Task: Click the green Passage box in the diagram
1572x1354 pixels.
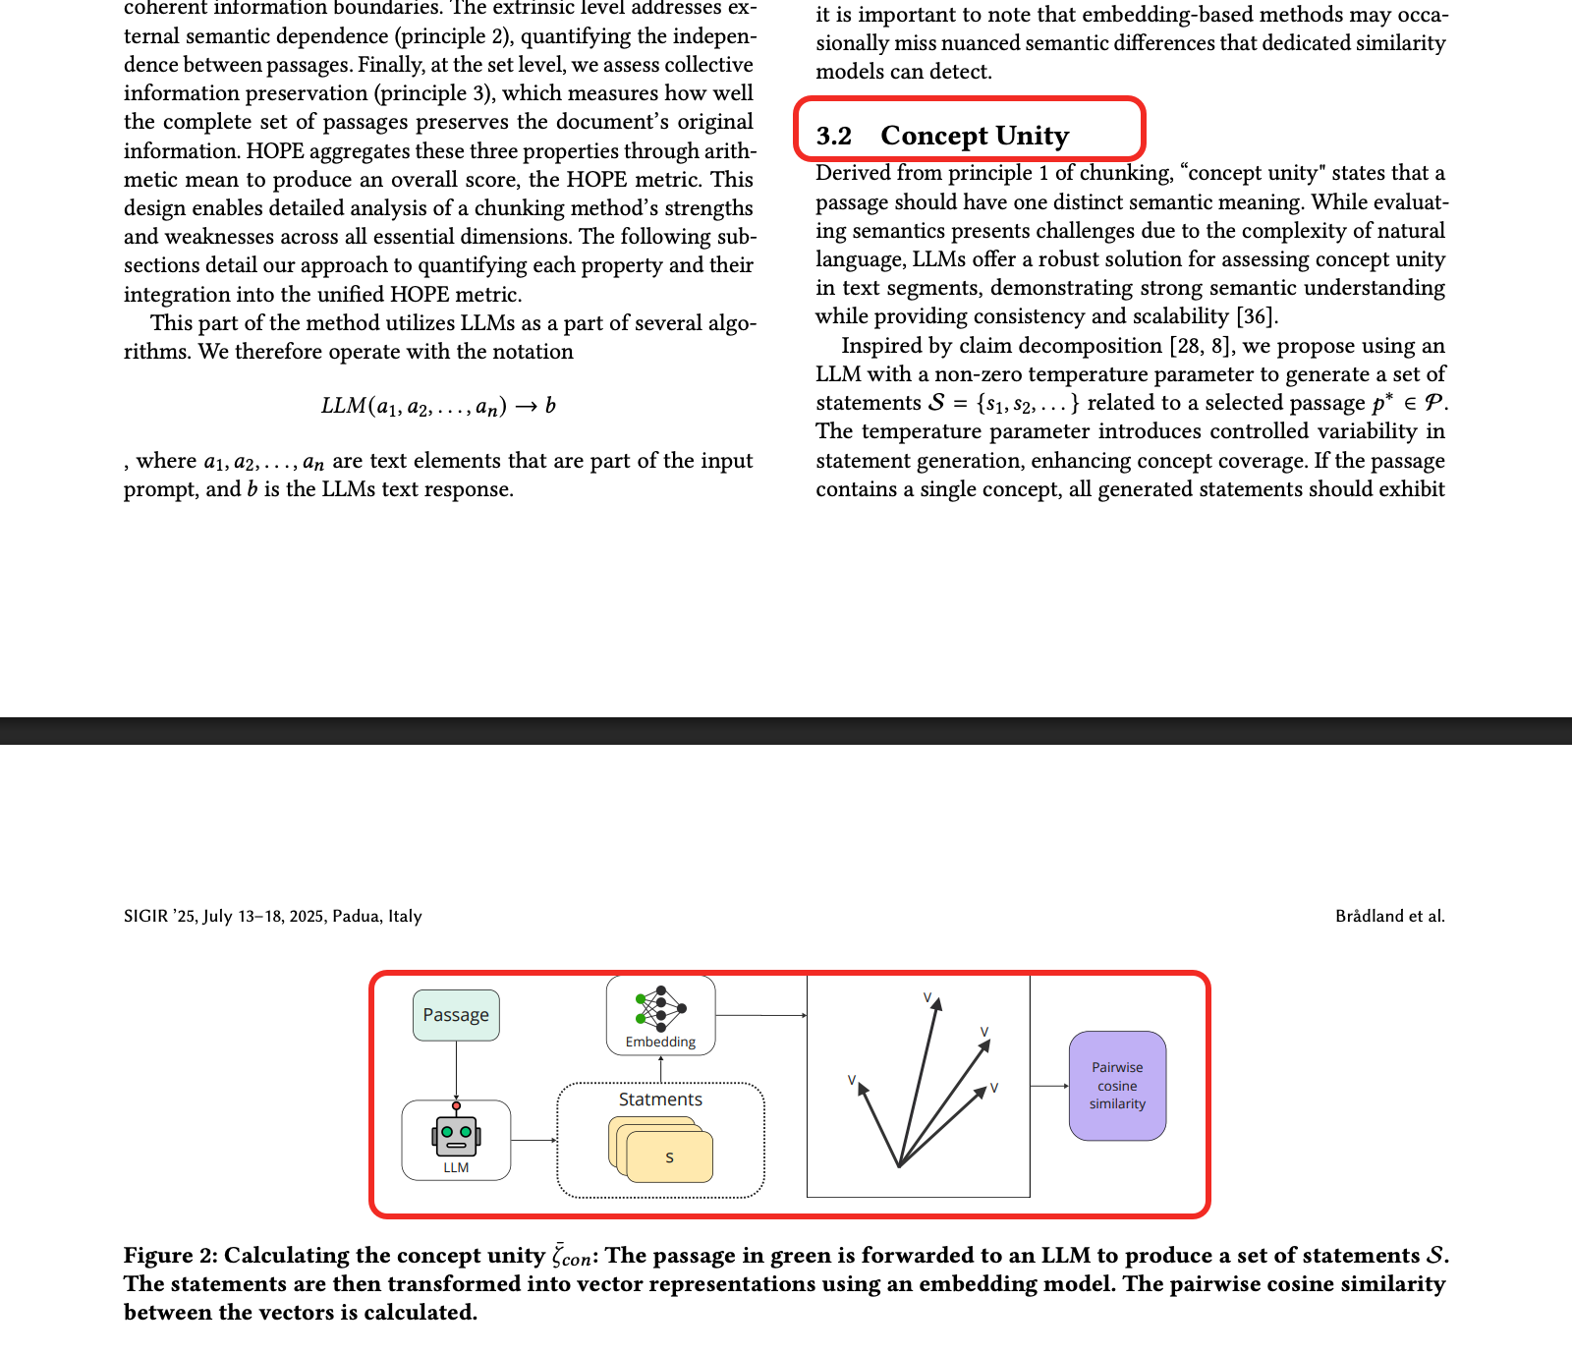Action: click(456, 1015)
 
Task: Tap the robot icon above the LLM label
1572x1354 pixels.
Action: click(456, 1136)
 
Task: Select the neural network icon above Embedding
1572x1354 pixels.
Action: click(660, 1007)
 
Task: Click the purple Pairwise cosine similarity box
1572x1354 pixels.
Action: click(1117, 1086)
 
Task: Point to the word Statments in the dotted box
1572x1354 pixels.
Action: click(660, 1100)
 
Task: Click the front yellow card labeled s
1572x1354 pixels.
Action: click(669, 1157)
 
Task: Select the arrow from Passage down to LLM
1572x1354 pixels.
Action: click(456, 1070)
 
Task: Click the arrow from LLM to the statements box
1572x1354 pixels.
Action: click(533, 1140)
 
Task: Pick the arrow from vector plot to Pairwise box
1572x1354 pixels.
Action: click(1049, 1086)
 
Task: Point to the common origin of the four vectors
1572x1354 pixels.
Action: click(899, 1166)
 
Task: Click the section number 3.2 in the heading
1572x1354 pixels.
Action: click(834, 136)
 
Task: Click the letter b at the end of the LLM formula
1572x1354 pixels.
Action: click(550, 406)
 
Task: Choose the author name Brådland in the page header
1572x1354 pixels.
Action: click(1370, 916)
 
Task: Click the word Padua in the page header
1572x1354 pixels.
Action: click(357, 916)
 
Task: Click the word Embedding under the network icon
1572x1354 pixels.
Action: click(660, 1042)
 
